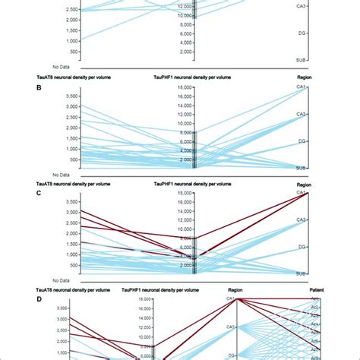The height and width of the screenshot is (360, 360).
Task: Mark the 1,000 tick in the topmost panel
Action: tap(69, 39)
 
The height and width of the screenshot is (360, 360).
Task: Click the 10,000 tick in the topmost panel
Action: tap(180, 14)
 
